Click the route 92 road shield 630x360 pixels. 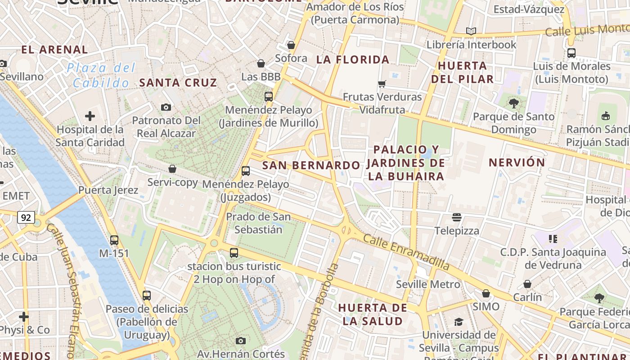click(26, 218)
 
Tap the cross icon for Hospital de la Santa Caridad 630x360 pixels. click(90, 116)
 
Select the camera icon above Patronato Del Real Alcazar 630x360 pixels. click(166, 107)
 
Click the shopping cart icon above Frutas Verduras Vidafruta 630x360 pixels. click(382, 83)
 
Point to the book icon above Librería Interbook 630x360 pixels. click(471, 31)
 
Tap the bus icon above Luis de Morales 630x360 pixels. click(571, 53)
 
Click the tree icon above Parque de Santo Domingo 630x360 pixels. click(513, 103)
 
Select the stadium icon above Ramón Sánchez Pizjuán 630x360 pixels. click(605, 116)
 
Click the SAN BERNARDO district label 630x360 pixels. click(311, 165)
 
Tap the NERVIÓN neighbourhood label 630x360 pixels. click(517, 162)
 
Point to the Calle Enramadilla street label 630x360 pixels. click(406, 252)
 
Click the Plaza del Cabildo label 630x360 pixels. click(101, 75)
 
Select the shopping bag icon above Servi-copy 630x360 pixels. click(172, 169)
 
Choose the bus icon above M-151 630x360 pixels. click(114, 240)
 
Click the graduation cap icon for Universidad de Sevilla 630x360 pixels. click(459, 322)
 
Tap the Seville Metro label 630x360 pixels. click(428, 284)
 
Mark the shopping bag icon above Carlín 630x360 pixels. click(527, 284)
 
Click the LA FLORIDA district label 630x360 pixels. click(353, 59)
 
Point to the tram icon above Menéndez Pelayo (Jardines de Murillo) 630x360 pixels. click(269, 96)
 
